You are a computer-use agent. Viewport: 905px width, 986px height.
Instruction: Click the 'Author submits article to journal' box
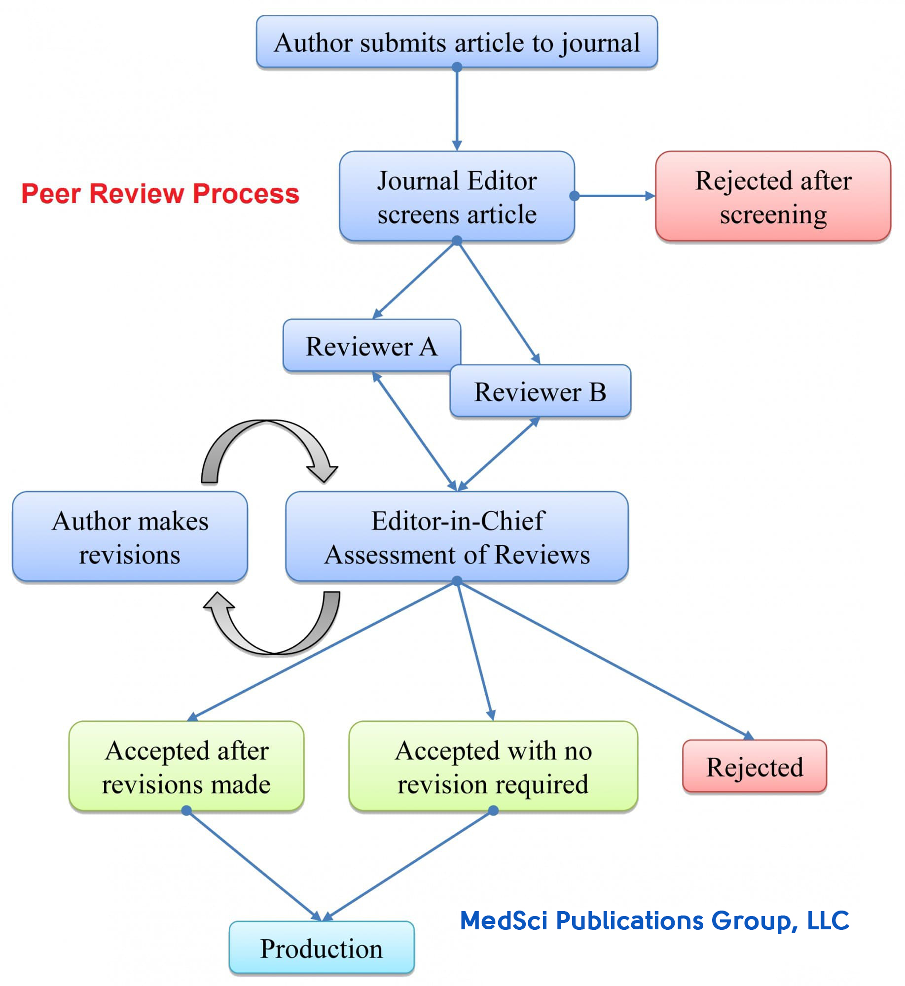456,42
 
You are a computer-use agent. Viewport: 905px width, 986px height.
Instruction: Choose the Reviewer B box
540,391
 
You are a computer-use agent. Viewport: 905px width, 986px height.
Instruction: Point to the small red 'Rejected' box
754,766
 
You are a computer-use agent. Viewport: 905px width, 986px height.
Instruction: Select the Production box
321,948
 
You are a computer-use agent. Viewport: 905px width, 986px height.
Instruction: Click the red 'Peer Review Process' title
160,193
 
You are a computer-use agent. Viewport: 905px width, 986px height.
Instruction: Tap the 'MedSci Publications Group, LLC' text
654,920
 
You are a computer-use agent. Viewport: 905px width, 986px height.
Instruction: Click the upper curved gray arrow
269,439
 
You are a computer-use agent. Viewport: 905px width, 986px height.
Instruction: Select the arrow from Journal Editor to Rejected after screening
615,196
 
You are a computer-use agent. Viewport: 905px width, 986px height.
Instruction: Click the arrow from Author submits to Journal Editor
457,108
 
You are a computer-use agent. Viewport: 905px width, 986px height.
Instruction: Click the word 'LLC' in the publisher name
828,920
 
